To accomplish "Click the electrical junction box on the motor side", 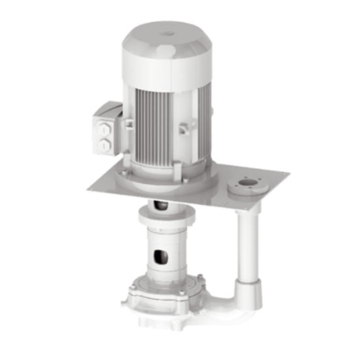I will [x=106, y=131].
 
